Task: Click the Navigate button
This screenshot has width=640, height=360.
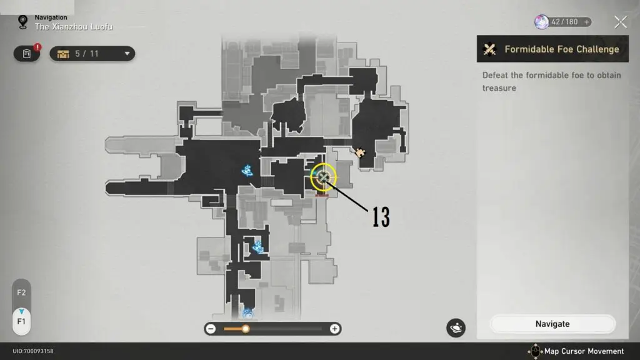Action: [x=552, y=324]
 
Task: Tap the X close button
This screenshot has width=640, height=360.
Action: [x=620, y=22]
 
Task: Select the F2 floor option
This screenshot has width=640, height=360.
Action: [x=21, y=292]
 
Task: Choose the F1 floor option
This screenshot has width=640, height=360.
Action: [x=21, y=321]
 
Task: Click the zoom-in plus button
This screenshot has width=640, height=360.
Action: [x=335, y=329]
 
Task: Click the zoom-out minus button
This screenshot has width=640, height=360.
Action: [x=211, y=329]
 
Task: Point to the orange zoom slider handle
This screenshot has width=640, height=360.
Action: [x=246, y=329]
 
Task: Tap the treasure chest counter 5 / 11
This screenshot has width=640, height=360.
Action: [x=92, y=54]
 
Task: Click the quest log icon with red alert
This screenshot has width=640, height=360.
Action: [x=27, y=54]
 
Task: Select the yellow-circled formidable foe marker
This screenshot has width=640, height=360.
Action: [x=323, y=177]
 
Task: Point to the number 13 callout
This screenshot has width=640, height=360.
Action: [x=381, y=217]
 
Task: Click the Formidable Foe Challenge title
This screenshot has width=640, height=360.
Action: [x=561, y=49]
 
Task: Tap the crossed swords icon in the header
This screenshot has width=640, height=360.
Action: [x=491, y=49]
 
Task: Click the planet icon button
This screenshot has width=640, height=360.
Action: [x=456, y=327]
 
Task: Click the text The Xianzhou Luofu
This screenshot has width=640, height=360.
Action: [x=74, y=27]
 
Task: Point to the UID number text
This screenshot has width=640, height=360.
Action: [x=33, y=351]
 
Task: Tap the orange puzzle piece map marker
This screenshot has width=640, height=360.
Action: [x=360, y=152]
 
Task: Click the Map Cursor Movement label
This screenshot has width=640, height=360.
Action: [x=584, y=351]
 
